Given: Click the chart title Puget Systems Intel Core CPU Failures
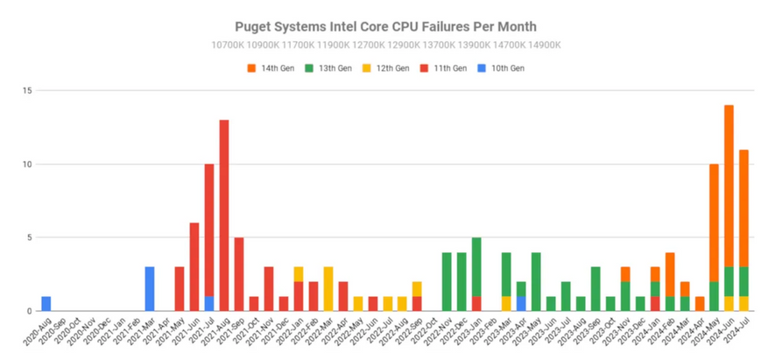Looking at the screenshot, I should point(385,27).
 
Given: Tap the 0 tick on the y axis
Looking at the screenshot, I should point(30,311).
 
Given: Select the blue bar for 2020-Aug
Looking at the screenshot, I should point(46,304).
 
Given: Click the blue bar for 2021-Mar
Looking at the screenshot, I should point(150,289).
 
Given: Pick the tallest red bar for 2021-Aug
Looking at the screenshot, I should point(224,215).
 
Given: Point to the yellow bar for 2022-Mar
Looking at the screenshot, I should point(328,289).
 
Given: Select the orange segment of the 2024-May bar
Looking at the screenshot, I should point(714,222).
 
